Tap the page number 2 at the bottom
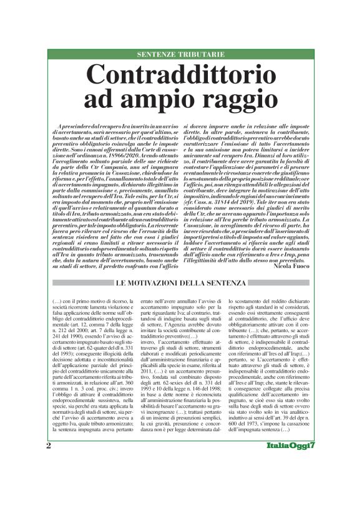(x=49, y=480)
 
